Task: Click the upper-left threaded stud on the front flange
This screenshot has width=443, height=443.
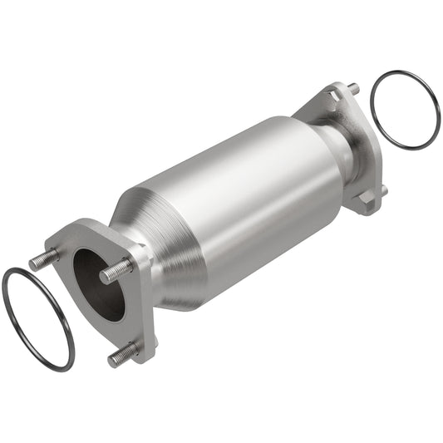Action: pos(44,259)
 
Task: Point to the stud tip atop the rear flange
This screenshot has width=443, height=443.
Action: pos(353,88)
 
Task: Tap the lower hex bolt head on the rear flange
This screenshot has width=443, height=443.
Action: pos(364,200)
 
